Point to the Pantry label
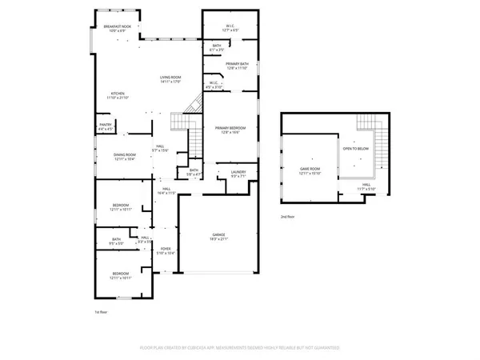tap(105, 126)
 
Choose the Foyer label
tap(166, 251)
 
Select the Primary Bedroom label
tap(230, 130)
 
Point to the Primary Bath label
tap(238, 66)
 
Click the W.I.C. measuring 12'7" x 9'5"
tap(229, 27)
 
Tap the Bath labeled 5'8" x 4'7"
tap(194, 172)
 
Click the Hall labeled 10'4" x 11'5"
tap(166, 192)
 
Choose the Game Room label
tap(310, 171)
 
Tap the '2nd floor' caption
tap(286, 217)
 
